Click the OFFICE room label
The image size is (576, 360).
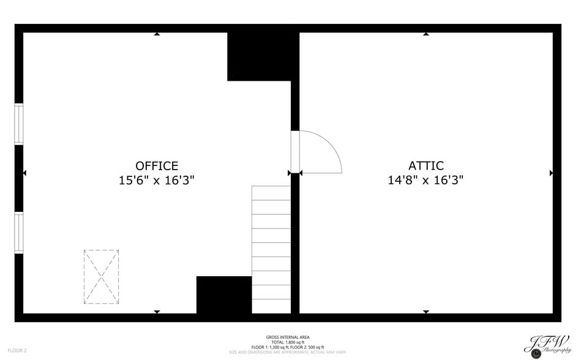(157, 166)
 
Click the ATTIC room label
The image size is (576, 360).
(426, 166)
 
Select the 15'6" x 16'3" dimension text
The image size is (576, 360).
(157, 181)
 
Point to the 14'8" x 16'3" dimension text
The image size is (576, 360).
(426, 181)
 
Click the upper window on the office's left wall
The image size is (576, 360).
(19, 124)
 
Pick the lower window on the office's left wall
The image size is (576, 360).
(19, 233)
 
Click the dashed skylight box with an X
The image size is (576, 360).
(101, 277)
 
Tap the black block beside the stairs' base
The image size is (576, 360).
(224, 295)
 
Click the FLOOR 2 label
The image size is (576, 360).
(17, 351)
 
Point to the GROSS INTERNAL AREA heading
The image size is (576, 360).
(288, 337)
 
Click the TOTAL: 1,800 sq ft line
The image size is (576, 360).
(288, 342)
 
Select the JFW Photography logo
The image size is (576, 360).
(547, 345)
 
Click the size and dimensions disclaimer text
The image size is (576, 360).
(288, 352)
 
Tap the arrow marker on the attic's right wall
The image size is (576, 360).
(551, 173)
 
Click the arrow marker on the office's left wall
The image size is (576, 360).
(24, 173)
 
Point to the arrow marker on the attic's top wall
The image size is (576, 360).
(426, 34)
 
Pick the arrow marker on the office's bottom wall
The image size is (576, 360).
(157, 312)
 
